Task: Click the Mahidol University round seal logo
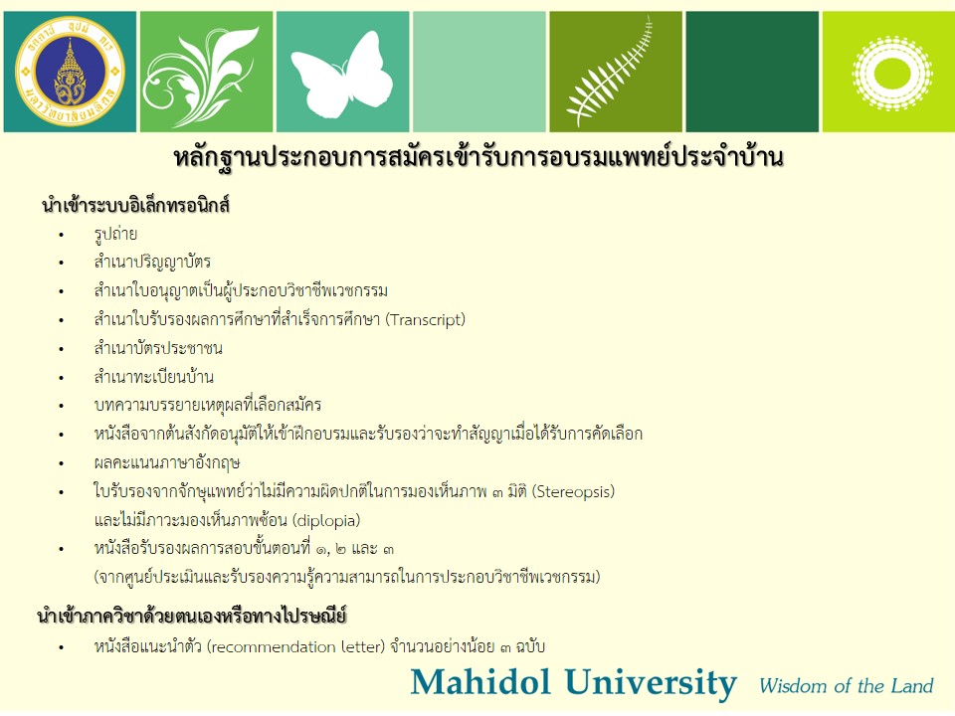pyautogui.click(x=70, y=72)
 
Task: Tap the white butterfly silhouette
pyautogui.click(x=342, y=75)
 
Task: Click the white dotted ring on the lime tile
pyautogui.click(x=892, y=74)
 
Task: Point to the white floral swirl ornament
pyautogui.click(x=204, y=73)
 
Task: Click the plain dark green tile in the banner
pyautogui.click(x=752, y=72)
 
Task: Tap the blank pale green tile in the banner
pyautogui.click(x=479, y=72)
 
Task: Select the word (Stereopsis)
pyautogui.click(x=573, y=491)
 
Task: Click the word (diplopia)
pyautogui.click(x=326, y=520)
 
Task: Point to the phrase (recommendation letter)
pyautogui.click(x=296, y=646)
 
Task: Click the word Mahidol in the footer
pyautogui.click(x=480, y=682)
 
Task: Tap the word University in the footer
pyautogui.click(x=650, y=683)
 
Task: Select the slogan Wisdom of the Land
pyautogui.click(x=846, y=686)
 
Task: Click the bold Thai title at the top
pyautogui.click(x=478, y=158)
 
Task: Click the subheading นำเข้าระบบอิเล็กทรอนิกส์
pyautogui.click(x=135, y=205)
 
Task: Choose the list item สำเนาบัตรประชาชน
pyautogui.click(x=158, y=348)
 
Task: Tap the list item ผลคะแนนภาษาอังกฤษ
pyautogui.click(x=167, y=463)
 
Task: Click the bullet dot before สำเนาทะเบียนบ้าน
pyautogui.click(x=61, y=378)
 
